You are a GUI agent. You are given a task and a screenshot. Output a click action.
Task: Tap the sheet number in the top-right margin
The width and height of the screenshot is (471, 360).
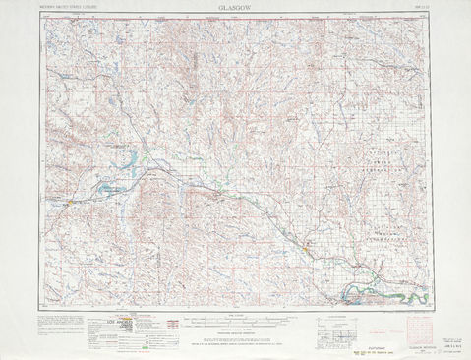[419, 7]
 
